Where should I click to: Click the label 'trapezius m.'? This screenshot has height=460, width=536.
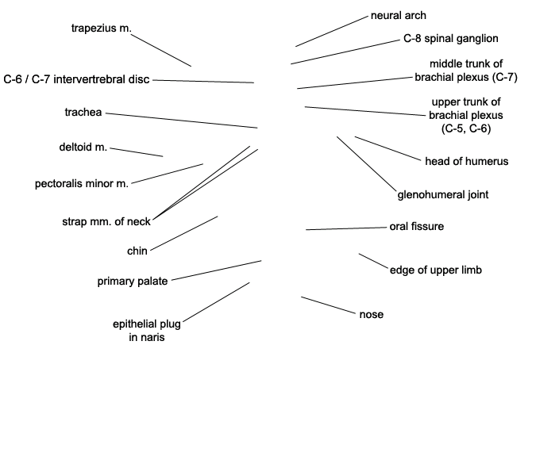click(101, 29)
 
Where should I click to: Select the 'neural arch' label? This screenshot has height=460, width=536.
click(399, 15)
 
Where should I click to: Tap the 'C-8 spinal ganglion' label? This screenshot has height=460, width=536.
click(450, 38)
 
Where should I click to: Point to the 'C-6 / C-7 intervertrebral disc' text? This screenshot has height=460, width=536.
click(76, 79)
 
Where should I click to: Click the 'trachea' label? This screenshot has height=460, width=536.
click(83, 112)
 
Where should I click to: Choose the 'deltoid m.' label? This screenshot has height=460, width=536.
click(83, 147)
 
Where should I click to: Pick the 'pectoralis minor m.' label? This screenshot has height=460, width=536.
click(81, 183)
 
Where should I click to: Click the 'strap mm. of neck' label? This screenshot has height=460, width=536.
click(106, 221)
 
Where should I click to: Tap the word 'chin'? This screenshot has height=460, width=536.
click(137, 251)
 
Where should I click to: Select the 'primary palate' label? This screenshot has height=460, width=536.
click(133, 281)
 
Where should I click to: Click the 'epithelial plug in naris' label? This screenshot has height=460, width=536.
click(147, 330)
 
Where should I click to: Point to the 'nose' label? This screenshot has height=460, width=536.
click(372, 314)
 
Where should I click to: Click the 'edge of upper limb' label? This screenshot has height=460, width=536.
click(435, 270)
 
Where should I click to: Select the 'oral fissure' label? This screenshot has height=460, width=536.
click(416, 226)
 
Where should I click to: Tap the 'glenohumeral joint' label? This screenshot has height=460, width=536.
click(442, 194)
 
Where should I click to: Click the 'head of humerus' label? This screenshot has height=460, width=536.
click(466, 161)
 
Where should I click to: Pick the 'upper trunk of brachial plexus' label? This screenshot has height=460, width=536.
click(466, 115)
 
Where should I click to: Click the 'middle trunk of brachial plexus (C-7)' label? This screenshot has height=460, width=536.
click(466, 71)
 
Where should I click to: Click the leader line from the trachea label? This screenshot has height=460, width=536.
click(182, 121)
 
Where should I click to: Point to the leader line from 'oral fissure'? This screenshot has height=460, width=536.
click(346, 228)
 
